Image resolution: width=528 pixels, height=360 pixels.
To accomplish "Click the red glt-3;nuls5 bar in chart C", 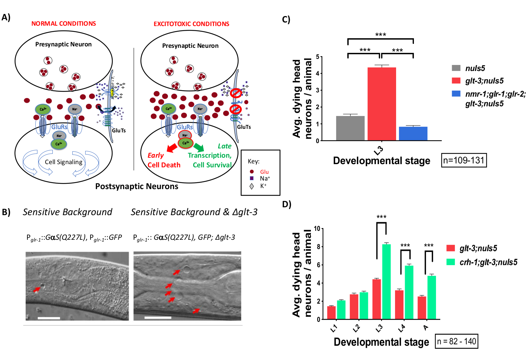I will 381,104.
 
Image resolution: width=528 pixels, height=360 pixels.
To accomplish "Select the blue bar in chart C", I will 413,133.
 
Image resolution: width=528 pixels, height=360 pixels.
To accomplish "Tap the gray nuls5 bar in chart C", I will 350,128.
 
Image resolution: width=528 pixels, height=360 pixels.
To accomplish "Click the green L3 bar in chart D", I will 386,282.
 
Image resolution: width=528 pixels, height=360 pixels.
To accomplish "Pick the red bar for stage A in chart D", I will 422,308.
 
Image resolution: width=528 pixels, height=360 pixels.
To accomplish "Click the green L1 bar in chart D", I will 341,310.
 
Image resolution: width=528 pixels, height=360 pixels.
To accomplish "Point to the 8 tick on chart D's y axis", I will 318,247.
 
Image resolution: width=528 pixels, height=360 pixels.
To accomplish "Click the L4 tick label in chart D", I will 401,328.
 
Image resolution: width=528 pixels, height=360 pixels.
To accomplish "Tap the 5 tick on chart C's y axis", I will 318,57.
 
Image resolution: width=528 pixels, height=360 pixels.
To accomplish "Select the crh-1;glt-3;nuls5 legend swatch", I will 451,262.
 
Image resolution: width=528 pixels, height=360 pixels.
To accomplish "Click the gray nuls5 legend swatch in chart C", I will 456,68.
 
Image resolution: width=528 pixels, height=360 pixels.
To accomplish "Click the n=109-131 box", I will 463,160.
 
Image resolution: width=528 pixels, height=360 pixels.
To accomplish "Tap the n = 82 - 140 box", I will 456,341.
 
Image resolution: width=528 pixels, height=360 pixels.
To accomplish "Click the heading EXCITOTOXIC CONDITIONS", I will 191,24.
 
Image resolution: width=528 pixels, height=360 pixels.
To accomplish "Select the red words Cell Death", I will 164,165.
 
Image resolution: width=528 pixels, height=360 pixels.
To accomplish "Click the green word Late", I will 225,146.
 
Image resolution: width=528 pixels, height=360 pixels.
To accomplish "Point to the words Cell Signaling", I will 63,162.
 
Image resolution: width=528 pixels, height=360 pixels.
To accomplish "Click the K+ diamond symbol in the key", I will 252,186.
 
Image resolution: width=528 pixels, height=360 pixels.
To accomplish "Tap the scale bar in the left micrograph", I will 49,318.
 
